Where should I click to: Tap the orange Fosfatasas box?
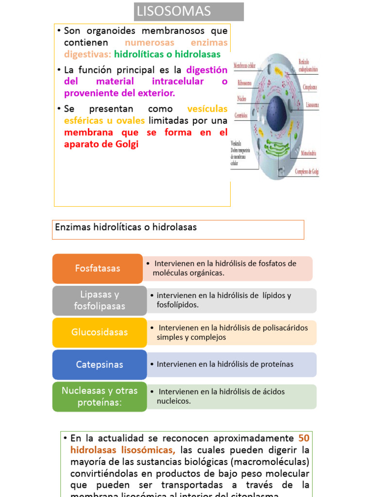[97, 268]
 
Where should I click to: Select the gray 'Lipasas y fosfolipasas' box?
[99, 300]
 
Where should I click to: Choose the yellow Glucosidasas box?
[99, 332]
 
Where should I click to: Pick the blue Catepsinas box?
[99, 364]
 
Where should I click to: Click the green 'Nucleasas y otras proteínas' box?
[99, 397]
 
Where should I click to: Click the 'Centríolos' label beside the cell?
[241, 116]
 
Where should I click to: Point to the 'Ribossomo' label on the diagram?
[244, 83]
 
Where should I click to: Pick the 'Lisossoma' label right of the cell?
[312, 104]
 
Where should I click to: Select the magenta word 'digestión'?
[206, 70]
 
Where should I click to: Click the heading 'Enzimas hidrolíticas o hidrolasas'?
[126, 227]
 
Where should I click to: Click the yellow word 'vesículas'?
[207, 109]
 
